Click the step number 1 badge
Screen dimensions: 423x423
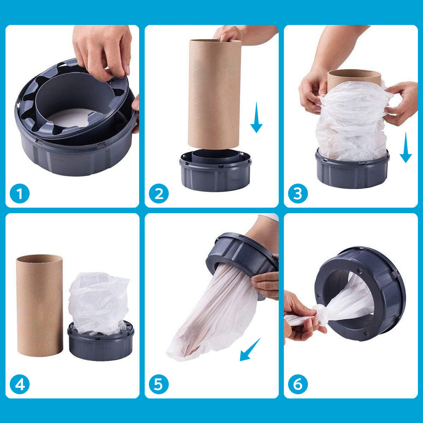20,194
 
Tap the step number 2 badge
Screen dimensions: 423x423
159,194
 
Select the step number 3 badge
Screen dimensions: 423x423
298,194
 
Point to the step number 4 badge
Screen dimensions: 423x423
20,385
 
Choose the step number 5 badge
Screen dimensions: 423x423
159,385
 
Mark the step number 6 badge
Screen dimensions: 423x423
298,385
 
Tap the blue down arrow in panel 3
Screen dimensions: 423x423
405,148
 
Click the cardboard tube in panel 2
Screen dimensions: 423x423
214,93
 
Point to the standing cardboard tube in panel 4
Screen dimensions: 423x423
39,305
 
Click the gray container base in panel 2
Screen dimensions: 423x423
215,173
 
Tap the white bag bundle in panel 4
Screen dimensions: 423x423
99,302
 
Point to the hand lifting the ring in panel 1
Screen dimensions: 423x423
104,51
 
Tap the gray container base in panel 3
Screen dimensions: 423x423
352,173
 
